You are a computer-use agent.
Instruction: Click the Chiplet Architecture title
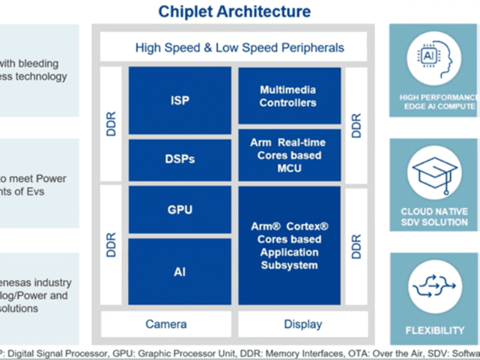point(234,11)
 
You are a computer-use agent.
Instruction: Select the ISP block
point(179,100)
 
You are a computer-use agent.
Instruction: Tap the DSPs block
point(179,159)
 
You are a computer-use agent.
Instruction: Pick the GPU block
point(179,210)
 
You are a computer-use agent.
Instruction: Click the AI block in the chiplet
point(179,272)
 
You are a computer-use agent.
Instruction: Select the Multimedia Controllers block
point(288,96)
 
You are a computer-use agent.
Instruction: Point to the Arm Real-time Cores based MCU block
point(288,155)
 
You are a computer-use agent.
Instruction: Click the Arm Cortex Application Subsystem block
point(289,246)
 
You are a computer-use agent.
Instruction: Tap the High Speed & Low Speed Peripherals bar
point(239,47)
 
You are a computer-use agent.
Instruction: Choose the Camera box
point(166,324)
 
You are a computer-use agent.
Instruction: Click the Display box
point(303,324)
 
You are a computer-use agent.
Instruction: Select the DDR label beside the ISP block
point(111,123)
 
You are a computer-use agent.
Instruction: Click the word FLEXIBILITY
point(435,330)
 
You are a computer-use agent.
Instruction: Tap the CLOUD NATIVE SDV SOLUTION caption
point(435,217)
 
